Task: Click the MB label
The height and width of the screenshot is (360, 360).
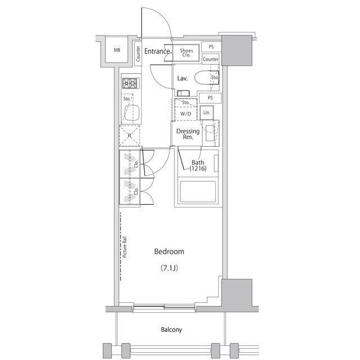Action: [117, 50]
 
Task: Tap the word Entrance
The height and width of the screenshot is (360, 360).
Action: [157, 51]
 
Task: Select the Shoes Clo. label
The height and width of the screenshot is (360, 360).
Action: [186, 52]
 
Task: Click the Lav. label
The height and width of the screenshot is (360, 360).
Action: [182, 79]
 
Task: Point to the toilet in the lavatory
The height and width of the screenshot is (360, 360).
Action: [206, 78]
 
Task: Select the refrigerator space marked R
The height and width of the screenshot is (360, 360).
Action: [129, 136]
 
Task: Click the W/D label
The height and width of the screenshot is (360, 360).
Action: [186, 114]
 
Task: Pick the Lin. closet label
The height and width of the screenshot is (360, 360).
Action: [206, 112]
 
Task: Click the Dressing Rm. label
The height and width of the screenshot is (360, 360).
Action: [188, 134]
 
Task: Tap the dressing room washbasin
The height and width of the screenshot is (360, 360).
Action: [210, 133]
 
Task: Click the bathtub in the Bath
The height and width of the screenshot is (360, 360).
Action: [198, 192]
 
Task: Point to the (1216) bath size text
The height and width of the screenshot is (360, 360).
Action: [198, 169]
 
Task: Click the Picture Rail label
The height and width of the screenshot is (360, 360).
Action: [125, 247]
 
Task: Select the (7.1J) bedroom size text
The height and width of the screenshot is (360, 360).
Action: [169, 268]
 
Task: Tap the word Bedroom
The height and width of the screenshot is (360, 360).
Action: [169, 251]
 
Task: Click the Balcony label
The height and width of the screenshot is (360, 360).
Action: [171, 330]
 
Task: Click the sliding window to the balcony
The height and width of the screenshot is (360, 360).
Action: [164, 307]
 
